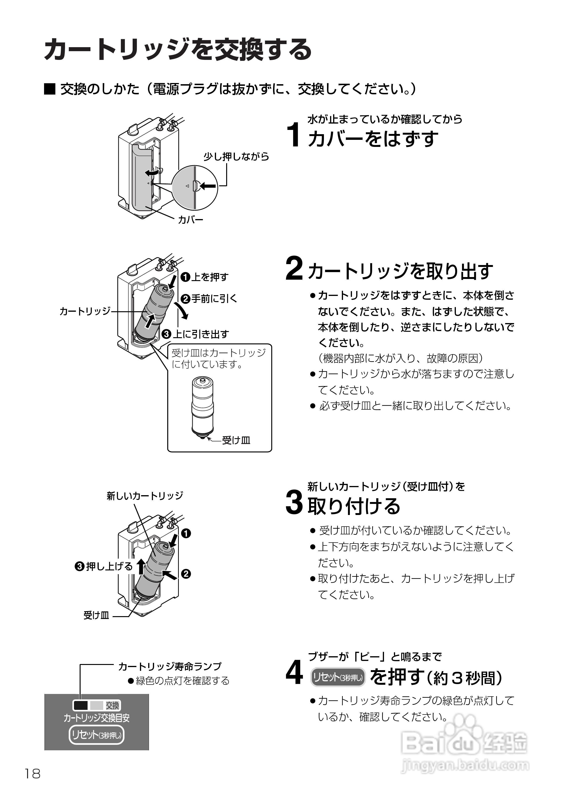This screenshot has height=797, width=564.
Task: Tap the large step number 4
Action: coord(294,673)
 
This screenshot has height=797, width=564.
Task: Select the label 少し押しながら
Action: coord(236,157)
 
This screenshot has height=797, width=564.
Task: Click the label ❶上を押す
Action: coord(204,277)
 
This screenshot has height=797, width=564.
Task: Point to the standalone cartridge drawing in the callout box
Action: coord(202,407)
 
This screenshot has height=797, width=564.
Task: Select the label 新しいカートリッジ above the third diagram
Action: coord(145,496)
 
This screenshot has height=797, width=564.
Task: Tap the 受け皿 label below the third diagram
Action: coord(96,615)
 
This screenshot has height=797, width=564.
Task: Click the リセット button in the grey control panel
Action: coord(96,735)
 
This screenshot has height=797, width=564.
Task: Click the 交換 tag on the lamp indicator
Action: coord(112,705)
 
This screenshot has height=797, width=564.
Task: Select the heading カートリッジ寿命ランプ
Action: coord(170,666)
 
